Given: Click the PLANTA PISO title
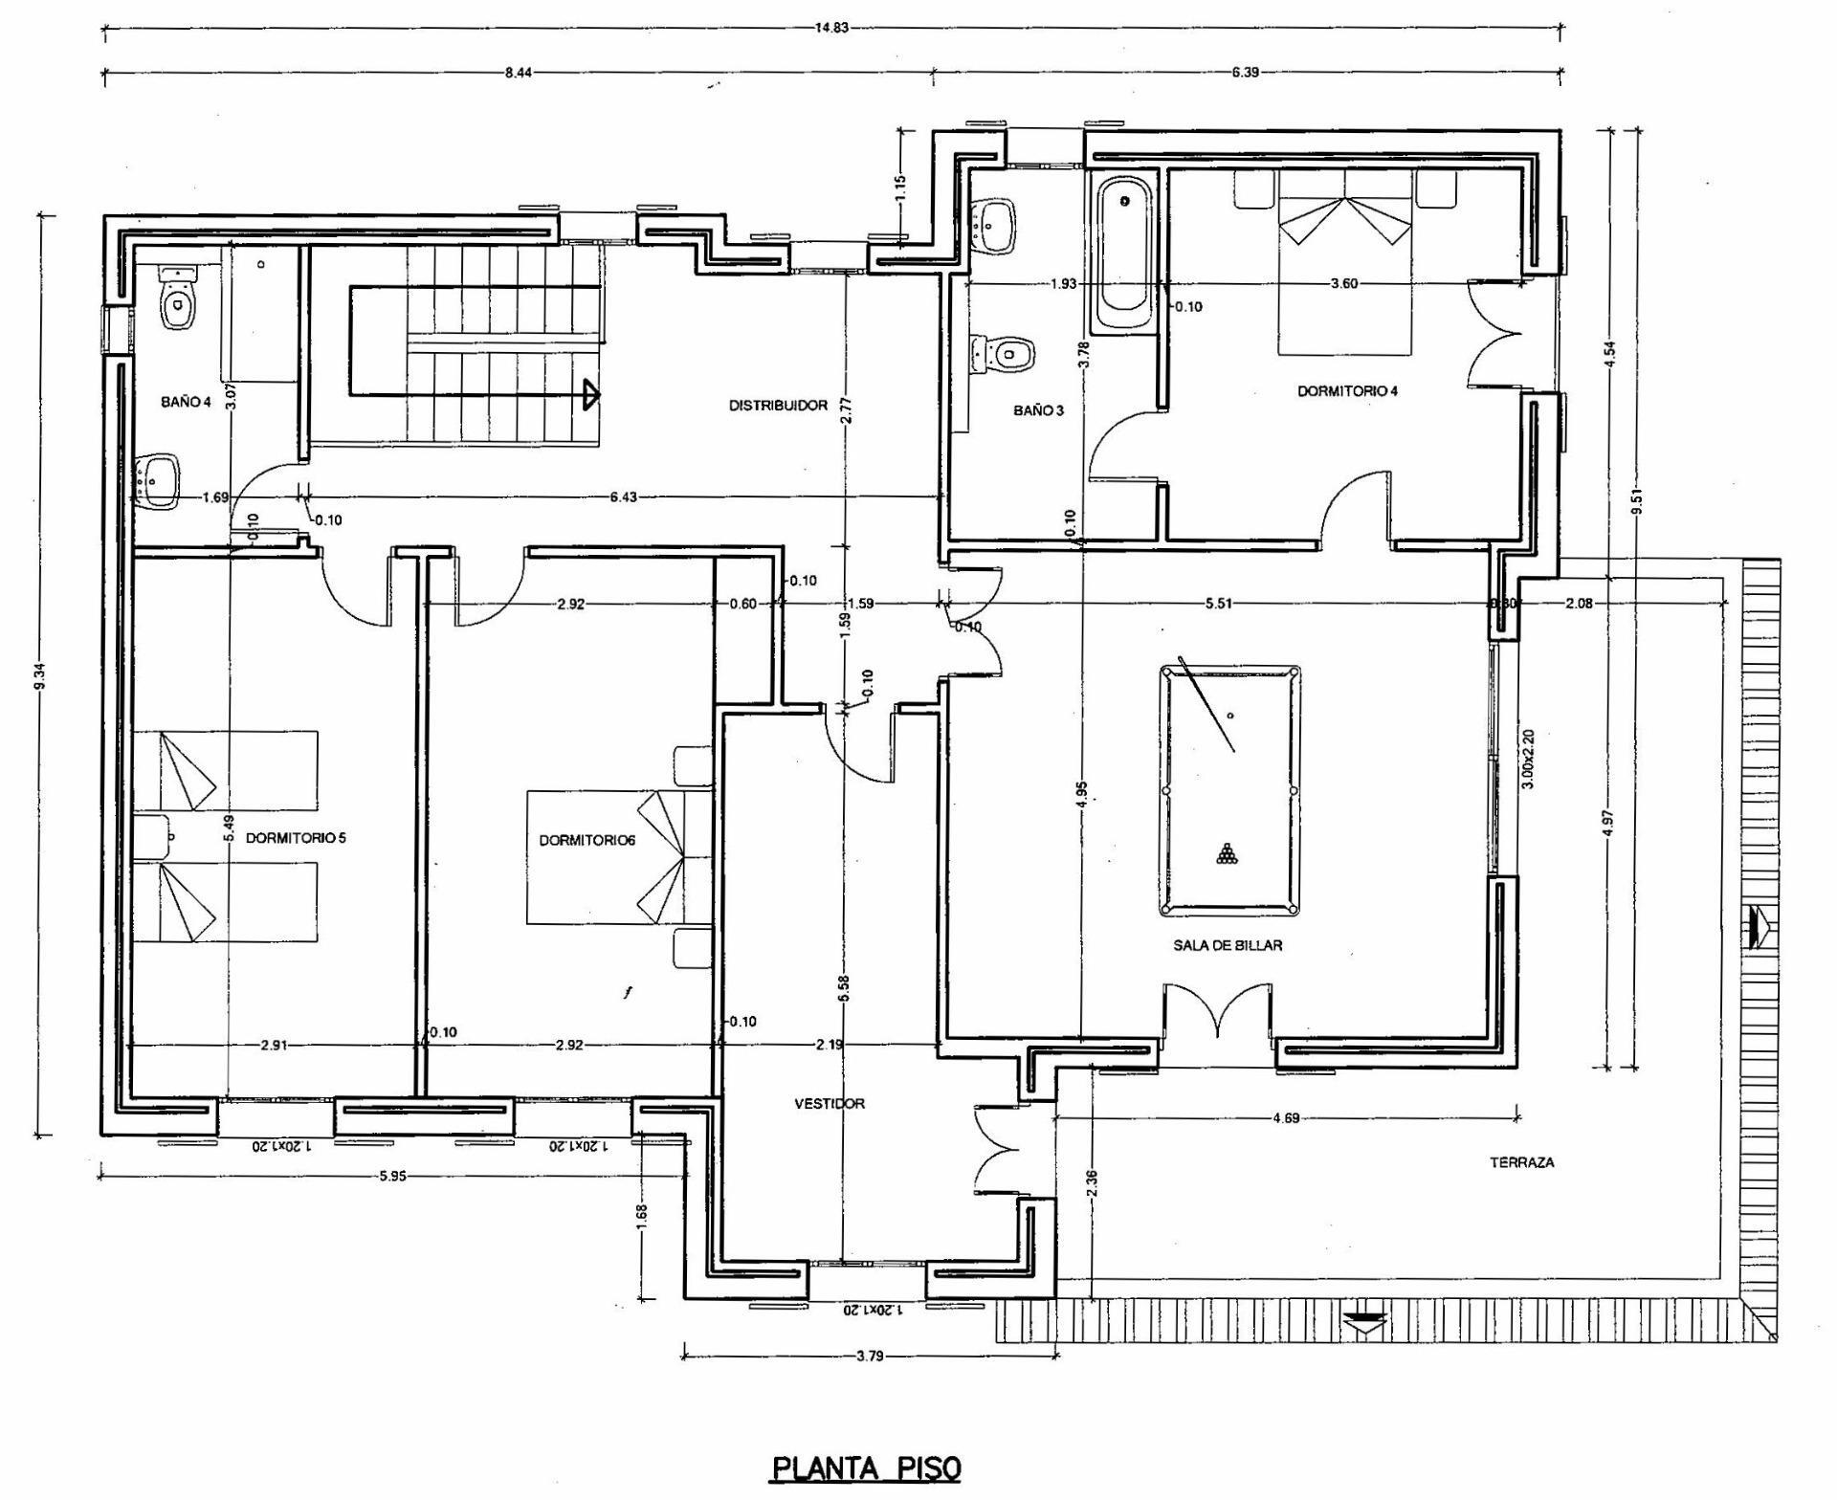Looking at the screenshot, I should (866, 1467).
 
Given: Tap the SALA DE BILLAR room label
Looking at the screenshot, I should (1228, 945).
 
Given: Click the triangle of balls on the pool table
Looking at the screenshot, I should (1228, 853).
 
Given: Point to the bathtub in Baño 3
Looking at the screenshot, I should (1124, 254).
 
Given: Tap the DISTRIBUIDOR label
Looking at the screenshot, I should (778, 406).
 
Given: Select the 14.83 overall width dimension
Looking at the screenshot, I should (831, 27).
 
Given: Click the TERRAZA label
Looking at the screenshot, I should (1521, 1163).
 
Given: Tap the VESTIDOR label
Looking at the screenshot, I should (830, 1103).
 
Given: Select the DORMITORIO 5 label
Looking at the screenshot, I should (296, 838).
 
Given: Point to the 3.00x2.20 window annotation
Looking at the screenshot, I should (1528, 759).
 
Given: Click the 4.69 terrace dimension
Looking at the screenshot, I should (1287, 1117).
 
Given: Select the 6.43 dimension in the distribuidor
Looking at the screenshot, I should (622, 496).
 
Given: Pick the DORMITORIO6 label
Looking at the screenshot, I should (587, 841).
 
